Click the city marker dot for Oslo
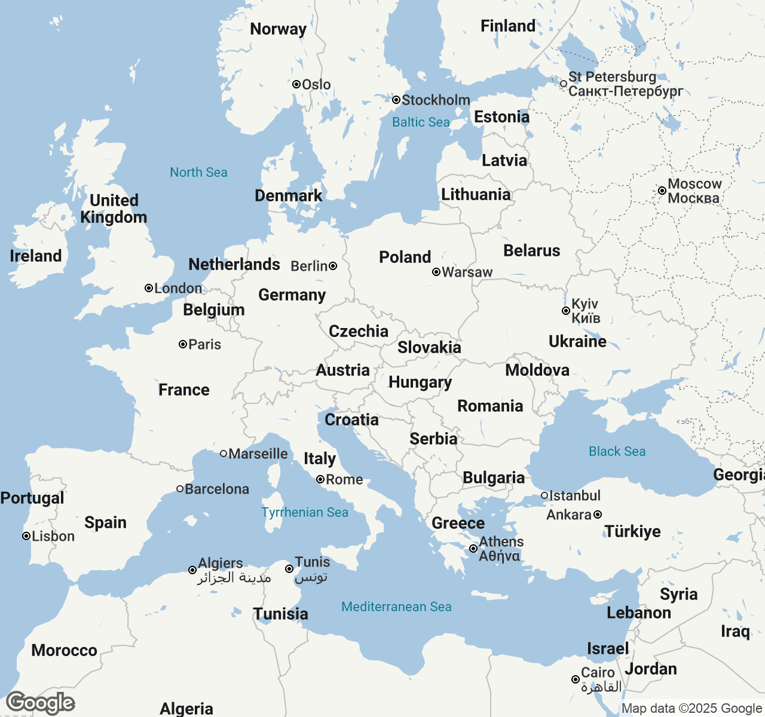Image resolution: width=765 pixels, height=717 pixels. coord(296,84)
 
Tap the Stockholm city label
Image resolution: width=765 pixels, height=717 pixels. coord(436,100)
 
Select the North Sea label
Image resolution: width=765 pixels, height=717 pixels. coord(198,172)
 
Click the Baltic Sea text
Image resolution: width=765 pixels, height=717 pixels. coord(421,122)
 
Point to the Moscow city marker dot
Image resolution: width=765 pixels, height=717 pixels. coord(662,191)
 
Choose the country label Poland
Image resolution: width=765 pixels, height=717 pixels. coord(405,257)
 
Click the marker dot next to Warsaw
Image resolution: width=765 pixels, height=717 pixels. coord(436,272)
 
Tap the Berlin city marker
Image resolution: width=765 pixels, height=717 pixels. coord(333,266)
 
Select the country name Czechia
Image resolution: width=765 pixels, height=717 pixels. coord(359,331)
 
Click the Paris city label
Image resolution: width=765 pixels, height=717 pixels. coord(204,344)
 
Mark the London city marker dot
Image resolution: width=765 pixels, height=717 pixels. coord(149,288)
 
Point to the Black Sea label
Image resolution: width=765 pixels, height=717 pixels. coord(617,451)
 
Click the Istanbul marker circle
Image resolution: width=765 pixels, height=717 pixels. coord(544,495)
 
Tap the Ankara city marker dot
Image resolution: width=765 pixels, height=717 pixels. coord(598,514)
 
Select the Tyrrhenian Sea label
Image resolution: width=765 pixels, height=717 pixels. coord(305,512)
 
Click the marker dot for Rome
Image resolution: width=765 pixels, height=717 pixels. coord(320,479)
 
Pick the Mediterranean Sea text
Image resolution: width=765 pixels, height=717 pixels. coord(396,606)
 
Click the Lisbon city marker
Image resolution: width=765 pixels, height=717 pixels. coord(26,536)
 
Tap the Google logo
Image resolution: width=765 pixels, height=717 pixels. coord(41,703)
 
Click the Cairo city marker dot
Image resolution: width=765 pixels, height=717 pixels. coord(576,679)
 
